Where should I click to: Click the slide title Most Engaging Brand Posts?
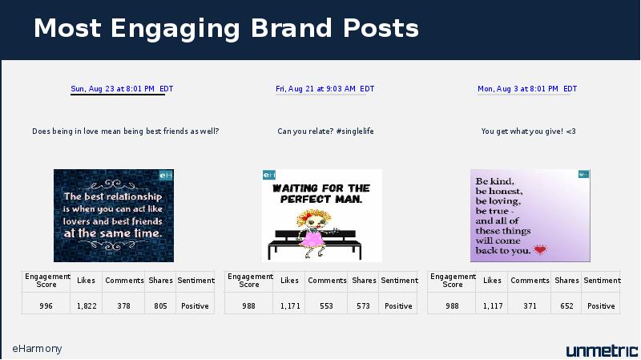click(x=226, y=28)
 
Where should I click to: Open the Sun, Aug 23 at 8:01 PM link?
click(x=122, y=89)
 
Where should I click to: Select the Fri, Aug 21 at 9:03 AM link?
click(x=325, y=89)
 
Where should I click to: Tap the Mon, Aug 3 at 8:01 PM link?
click(x=527, y=89)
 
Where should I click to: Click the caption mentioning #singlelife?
click(x=325, y=131)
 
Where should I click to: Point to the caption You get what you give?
click(x=528, y=131)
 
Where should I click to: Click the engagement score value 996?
click(x=46, y=306)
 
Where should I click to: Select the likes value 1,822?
click(x=87, y=306)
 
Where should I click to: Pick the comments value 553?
click(x=326, y=306)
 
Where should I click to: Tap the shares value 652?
click(x=566, y=306)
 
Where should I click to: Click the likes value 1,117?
click(x=493, y=306)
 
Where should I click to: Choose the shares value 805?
click(x=161, y=306)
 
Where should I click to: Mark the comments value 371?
click(x=530, y=306)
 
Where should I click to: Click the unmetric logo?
click(x=602, y=350)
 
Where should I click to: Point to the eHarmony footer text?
click(x=37, y=349)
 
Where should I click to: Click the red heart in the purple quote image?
click(x=540, y=249)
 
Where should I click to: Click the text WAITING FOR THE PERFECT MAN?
click(x=321, y=193)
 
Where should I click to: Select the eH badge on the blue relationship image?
click(x=166, y=175)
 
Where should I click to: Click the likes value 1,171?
click(x=290, y=306)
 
